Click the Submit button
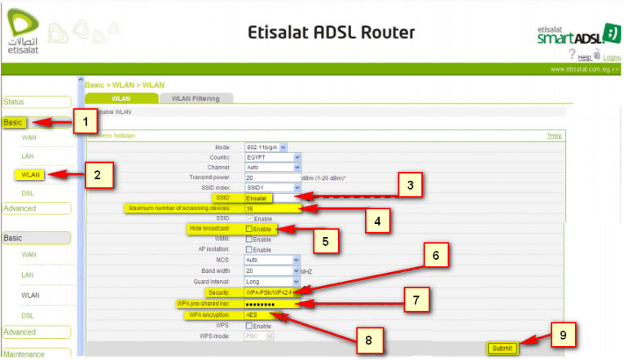[502, 348]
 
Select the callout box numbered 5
[324, 241]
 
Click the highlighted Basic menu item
[15, 122]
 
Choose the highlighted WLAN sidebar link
[29, 173]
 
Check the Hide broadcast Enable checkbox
[249, 230]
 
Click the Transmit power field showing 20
[271, 177]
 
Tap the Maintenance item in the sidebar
[24, 353]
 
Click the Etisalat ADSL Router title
[330, 33]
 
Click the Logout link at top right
[612, 57]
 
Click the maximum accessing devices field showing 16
[271, 209]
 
